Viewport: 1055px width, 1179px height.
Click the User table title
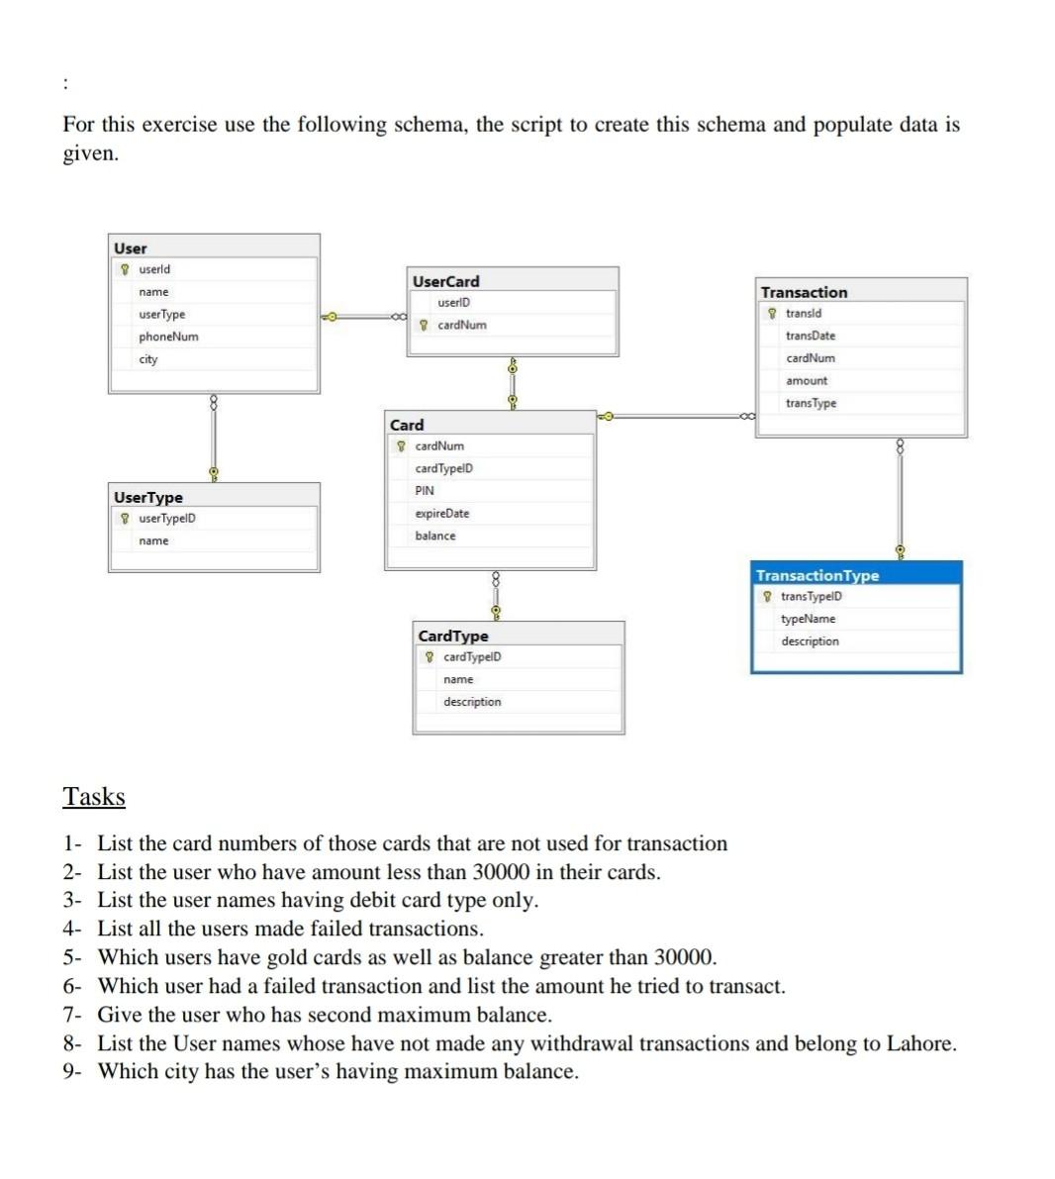click(x=131, y=248)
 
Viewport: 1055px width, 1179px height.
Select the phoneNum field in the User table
click(x=168, y=337)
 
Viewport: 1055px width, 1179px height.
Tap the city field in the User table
click(x=148, y=359)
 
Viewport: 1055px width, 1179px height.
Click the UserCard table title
click(x=445, y=281)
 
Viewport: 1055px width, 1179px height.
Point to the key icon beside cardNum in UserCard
click(x=425, y=325)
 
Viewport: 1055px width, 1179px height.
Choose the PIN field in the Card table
click(x=425, y=491)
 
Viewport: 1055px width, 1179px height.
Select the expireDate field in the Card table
click(x=442, y=514)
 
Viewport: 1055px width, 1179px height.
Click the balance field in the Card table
click(x=435, y=536)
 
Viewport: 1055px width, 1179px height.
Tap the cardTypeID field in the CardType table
click(x=472, y=657)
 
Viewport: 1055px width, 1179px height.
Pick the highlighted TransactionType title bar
click(x=817, y=575)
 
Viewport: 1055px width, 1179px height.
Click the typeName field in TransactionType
click(x=808, y=619)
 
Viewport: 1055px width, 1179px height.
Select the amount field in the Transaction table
click(x=807, y=381)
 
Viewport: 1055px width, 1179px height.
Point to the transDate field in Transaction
click(x=811, y=336)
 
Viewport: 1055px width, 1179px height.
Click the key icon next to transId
click(x=772, y=314)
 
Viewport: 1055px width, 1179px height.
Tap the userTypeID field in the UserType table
click(x=167, y=519)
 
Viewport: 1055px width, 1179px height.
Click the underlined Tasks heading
click(x=94, y=797)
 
